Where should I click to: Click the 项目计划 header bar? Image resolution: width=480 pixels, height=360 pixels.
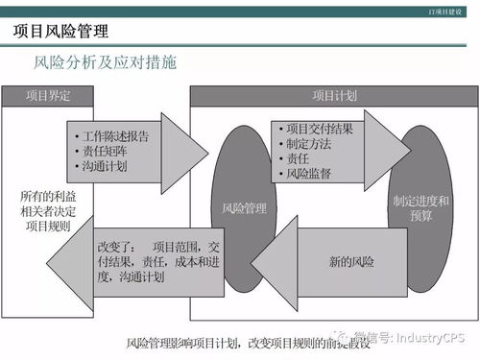334,96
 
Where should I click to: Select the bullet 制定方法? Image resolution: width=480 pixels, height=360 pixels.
308,144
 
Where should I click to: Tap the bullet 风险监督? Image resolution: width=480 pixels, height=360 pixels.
308,174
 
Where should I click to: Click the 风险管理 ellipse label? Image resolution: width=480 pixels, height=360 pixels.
244,206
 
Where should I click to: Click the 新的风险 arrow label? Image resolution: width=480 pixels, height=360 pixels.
351,261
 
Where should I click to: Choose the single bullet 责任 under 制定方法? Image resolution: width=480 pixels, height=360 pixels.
296,159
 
